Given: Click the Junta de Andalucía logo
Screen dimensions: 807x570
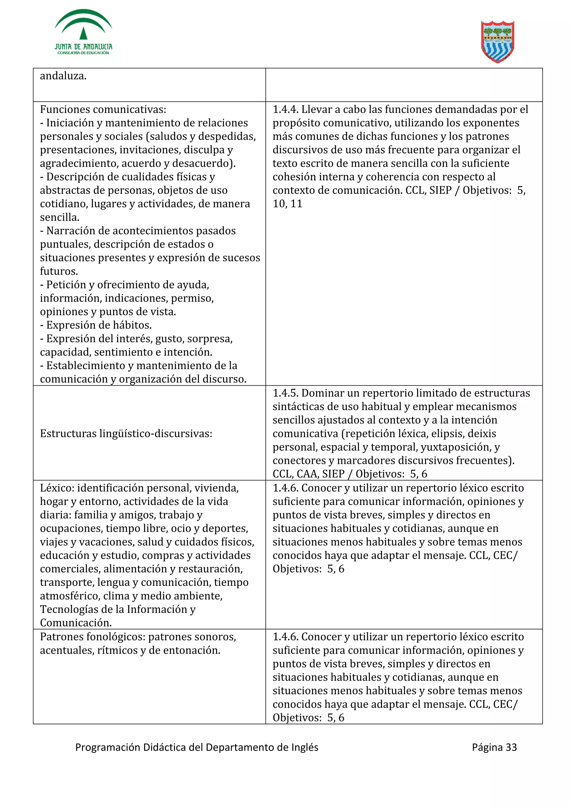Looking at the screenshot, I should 83,32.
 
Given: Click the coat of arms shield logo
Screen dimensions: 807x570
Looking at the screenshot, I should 497,42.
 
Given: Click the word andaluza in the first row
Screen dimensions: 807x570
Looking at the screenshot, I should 63,76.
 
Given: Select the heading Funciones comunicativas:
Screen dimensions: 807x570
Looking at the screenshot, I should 103,110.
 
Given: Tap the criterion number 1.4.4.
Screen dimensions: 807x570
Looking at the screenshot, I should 286,110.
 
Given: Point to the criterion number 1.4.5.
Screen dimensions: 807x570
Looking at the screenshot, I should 286,393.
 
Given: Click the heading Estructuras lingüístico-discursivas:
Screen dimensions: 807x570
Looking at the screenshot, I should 126,434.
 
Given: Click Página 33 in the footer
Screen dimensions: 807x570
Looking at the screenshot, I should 494,747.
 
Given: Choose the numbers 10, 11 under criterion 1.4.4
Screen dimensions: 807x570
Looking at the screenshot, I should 287,204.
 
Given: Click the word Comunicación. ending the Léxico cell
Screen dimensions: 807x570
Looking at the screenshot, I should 75,623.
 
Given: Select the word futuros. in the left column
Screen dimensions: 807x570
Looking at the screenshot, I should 59,271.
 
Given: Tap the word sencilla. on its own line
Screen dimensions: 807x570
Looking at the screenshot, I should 59,217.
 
